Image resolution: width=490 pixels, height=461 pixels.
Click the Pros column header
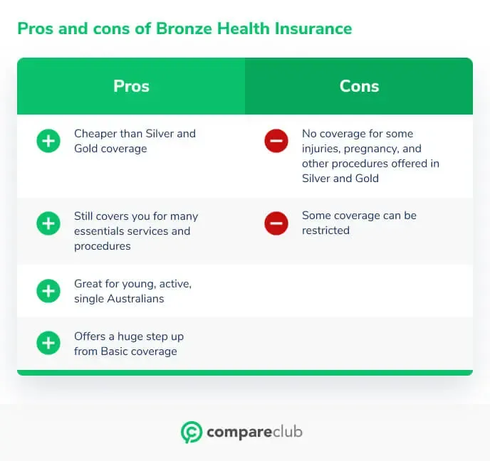131,86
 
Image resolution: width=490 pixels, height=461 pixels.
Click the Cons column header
359,86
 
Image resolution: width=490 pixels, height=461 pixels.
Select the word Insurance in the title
313,28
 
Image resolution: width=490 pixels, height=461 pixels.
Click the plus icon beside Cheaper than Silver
48,141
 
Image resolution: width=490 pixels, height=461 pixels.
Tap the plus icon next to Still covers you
48,223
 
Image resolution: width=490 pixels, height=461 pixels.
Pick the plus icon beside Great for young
48,291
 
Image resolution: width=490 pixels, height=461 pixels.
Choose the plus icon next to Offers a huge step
48,343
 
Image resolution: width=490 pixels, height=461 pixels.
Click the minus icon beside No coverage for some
276,141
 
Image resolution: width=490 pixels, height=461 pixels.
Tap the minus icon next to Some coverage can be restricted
276,223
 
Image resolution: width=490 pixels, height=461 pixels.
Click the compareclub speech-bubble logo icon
192,433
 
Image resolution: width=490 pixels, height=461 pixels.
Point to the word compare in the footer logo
239,433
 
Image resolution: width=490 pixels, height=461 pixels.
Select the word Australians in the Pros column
135,299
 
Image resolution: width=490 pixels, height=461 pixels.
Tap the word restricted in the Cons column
325,231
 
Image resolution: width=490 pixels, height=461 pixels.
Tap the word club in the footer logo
287,432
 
